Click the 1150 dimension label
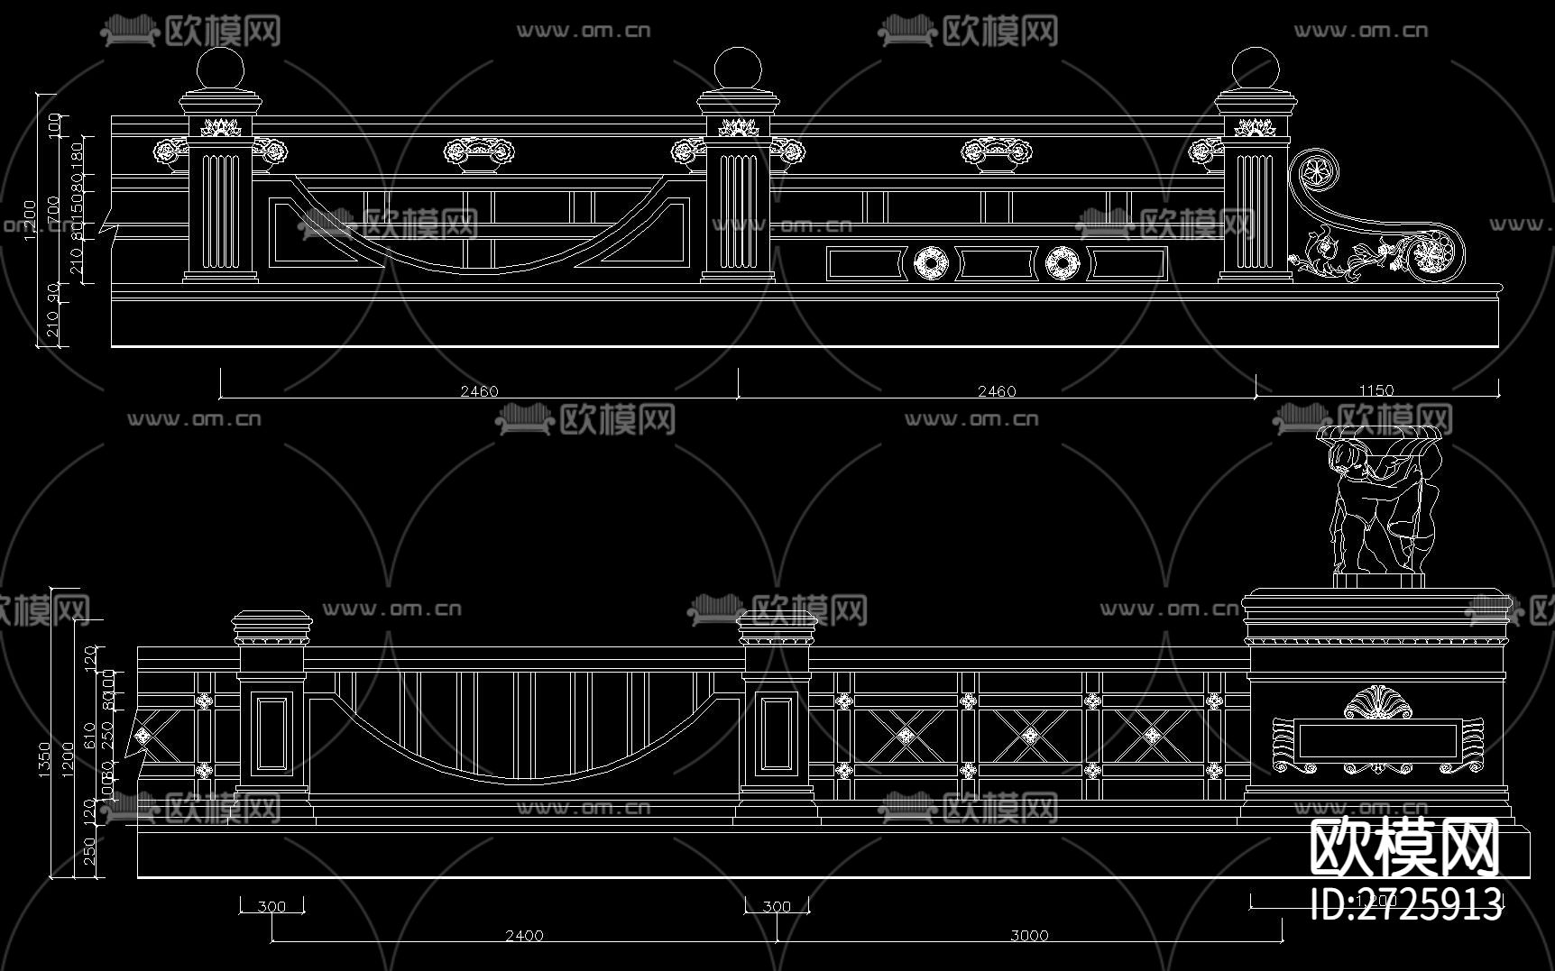coord(1376,390)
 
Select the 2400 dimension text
coord(524,935)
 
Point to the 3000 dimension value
coord(1029,935)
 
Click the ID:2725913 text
coord(1405,904)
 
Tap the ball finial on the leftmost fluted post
coord(220,69)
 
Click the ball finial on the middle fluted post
coord(738,69)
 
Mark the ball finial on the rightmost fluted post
coord(1255,69)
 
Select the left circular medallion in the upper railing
coord(931,263)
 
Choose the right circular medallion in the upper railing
coord(1063,263)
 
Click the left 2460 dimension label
coord(479,390)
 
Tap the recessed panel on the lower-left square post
coord(271,734)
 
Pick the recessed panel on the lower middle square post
coord(777,734)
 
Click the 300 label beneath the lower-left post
coord(271,906)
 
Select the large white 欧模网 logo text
coord(1403,847)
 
